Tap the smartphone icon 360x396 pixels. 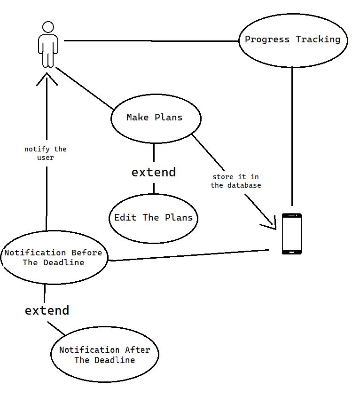291,234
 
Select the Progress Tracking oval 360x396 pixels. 293,40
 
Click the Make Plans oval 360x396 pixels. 156,118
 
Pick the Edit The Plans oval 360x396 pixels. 153,218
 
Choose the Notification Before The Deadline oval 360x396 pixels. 54,257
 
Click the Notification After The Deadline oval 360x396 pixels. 104,355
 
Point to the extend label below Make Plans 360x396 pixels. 154,172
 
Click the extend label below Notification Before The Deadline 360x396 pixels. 47,310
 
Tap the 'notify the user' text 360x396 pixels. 46,153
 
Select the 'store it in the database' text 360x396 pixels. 236,181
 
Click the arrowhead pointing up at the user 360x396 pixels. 47,79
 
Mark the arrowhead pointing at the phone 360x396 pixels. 270,224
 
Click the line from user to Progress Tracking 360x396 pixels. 150,41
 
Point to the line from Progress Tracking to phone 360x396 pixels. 292,136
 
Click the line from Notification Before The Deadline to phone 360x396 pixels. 188,255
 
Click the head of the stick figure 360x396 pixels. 47,27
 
